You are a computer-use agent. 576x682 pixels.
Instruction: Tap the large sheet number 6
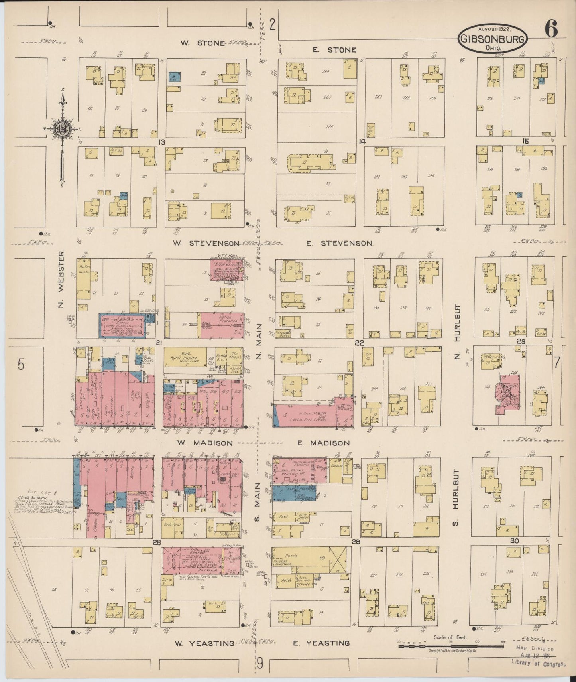(552, 29)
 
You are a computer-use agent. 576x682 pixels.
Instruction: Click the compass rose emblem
(63, 128)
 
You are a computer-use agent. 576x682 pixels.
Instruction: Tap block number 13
(161, 142)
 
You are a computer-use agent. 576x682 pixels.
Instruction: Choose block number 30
(514, 541)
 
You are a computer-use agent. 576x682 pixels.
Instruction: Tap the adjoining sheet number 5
(21, 364)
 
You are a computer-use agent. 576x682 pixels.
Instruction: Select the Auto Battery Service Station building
(305, 579)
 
